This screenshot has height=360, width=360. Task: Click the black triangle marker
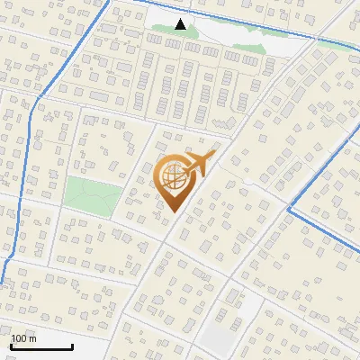coord(181,24)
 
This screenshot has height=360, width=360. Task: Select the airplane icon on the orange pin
coord(197,165)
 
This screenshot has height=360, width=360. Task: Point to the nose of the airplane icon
coord(214,155)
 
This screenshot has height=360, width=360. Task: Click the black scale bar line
coord(40,346)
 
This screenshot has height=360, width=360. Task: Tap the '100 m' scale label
coord(23,338)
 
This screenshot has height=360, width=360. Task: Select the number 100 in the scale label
coord(20,338)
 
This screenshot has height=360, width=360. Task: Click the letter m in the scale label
coord(32,338)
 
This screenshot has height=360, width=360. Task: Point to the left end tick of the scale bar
coord(10,345)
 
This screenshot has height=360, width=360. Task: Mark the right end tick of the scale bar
coord(71,345)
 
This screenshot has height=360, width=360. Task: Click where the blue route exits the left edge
coord(2,282)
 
